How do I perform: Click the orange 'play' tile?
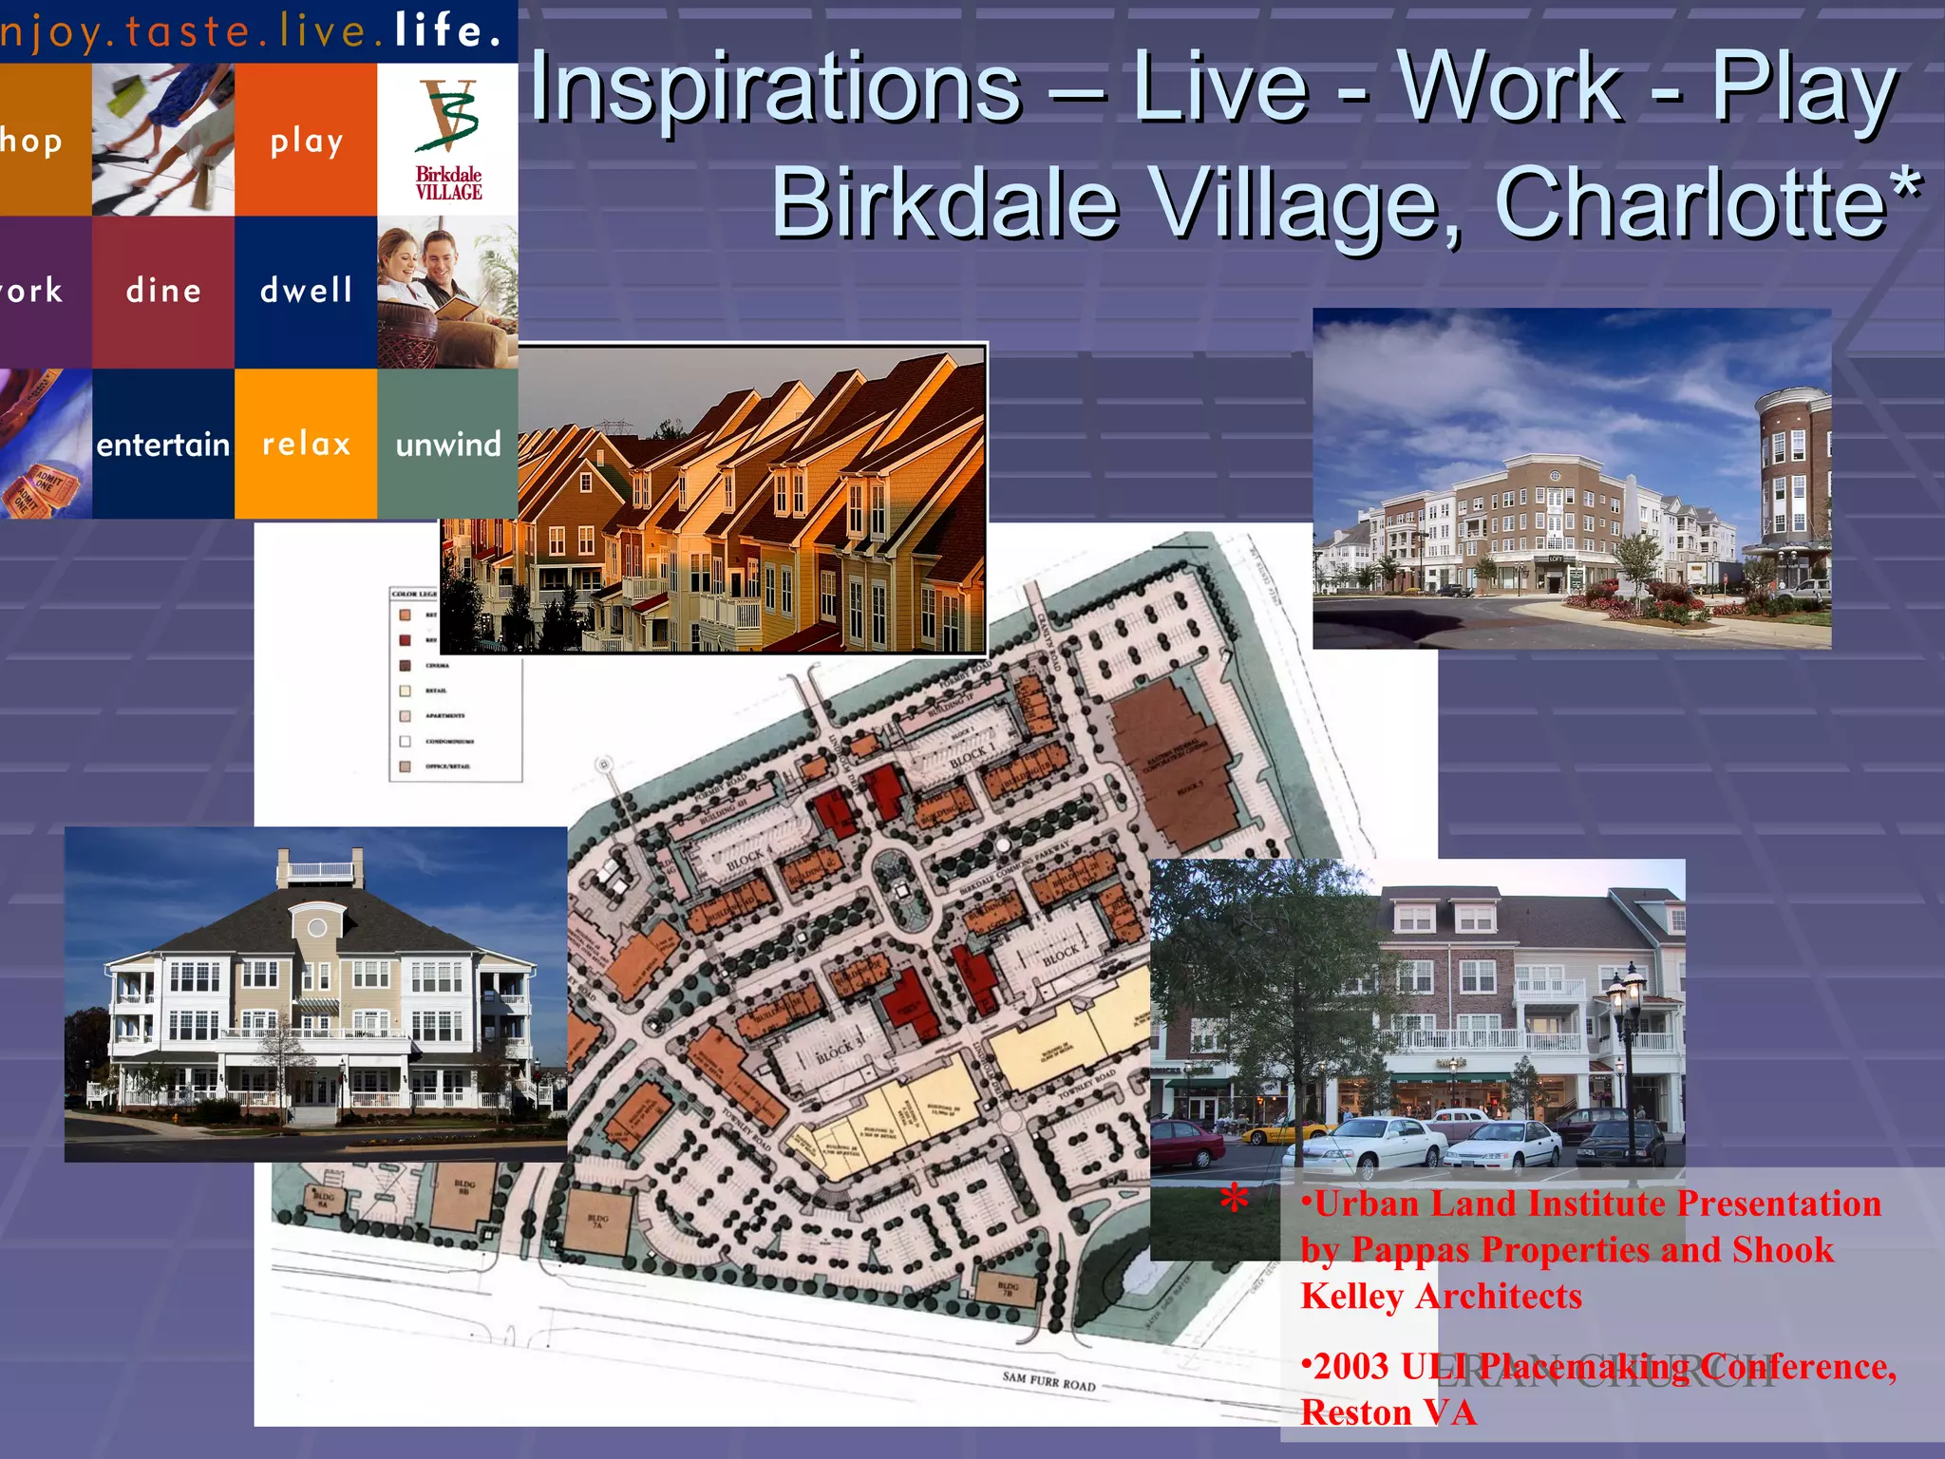click(306, 140)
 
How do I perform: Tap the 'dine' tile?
click(163, 291)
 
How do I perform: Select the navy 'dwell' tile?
click(306, 291)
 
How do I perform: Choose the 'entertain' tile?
click(163, 444)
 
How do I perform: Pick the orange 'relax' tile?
click(306, 444)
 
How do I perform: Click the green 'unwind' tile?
click(447, 444)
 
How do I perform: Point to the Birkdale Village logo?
click(448, 140)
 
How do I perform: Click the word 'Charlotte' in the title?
click(1690, 202)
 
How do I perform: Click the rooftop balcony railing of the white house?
click(319, 869)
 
